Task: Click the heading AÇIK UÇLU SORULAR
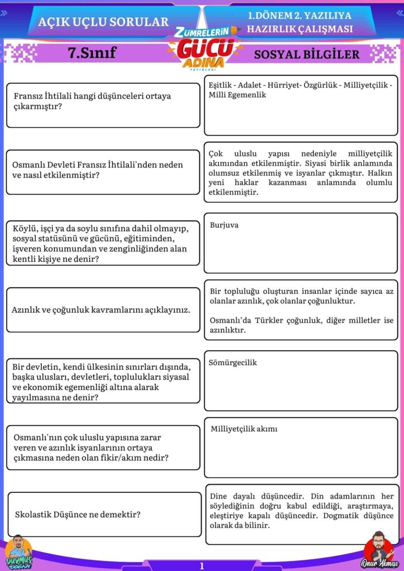(103, 22)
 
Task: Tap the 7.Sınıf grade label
(92, 53)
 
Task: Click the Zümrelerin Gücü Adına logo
(204, 49)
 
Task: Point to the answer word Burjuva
(224, 225)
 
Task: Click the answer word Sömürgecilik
(233, 362)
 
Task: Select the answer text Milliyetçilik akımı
(244, 429)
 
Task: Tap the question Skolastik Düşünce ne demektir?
(78, 514)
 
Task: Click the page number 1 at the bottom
(202, 565)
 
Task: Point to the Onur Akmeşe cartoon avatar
(377, 549)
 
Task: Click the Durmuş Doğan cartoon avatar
(18, 551)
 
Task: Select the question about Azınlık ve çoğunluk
(101, 309)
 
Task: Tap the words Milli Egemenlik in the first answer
(237, 95)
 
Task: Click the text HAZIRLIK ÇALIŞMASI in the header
(300, 29)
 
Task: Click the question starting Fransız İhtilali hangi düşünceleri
(92, 101)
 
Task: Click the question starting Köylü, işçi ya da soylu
(100, 243)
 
